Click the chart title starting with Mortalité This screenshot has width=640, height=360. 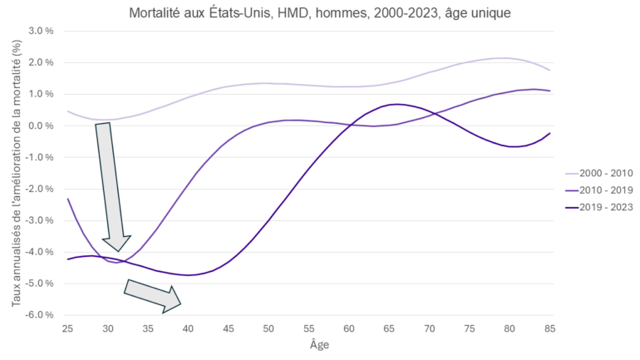pos(319,13)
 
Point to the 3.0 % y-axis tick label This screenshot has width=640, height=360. pos(42,31)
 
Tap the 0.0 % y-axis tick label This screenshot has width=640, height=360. pos(42,126)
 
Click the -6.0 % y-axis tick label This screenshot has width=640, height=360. pos(41,315)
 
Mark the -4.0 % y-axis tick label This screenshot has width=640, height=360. pos(41,252)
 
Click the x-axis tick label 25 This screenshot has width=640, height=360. pos(68,330)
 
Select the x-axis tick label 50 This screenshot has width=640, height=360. pos(268,330)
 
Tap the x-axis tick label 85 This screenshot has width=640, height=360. pos(549,330)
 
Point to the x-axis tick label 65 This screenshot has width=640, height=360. pos(389,330)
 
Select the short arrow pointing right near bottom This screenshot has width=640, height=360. pos(153,296)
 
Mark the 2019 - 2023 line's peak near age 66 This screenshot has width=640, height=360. pos(397,104)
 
